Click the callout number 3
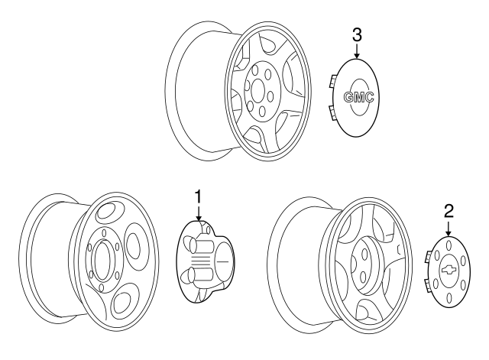coord(357,35)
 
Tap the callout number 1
coord(199,197)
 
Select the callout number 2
coord(449,212)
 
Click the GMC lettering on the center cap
coord(358,97)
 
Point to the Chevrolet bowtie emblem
coord(448,270)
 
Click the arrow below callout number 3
coord(357,51)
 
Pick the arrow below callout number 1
coord(199,213)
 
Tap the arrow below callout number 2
coord(449,229)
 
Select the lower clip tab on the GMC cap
coord(332,113)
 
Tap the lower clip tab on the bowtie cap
coord(428,286)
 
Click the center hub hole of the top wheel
coord(257,90)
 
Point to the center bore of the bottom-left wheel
coord(102,260)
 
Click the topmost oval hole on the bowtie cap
coord(449,244)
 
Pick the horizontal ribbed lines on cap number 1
coord(199,258)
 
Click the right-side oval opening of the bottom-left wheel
coord(137,245)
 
